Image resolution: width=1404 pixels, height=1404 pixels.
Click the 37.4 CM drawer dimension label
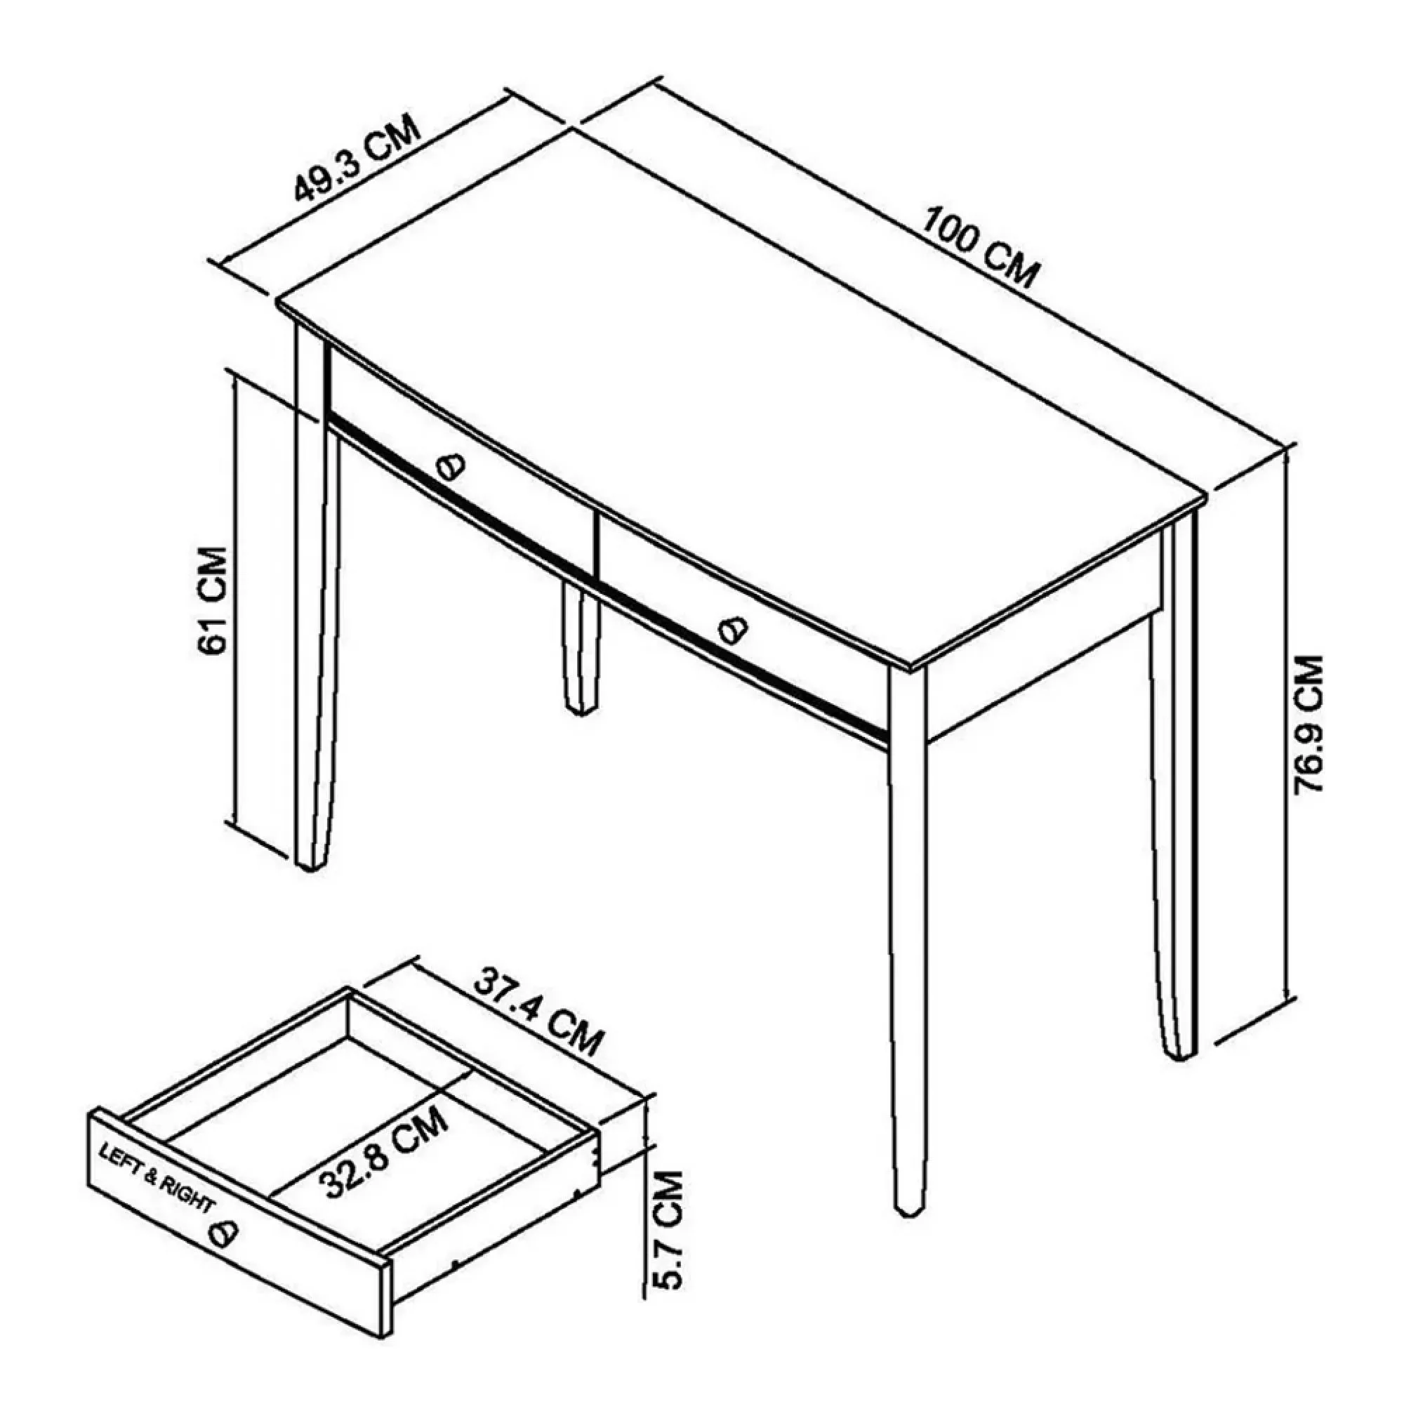538,1011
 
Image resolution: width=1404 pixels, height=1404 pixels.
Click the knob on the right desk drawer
732,629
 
